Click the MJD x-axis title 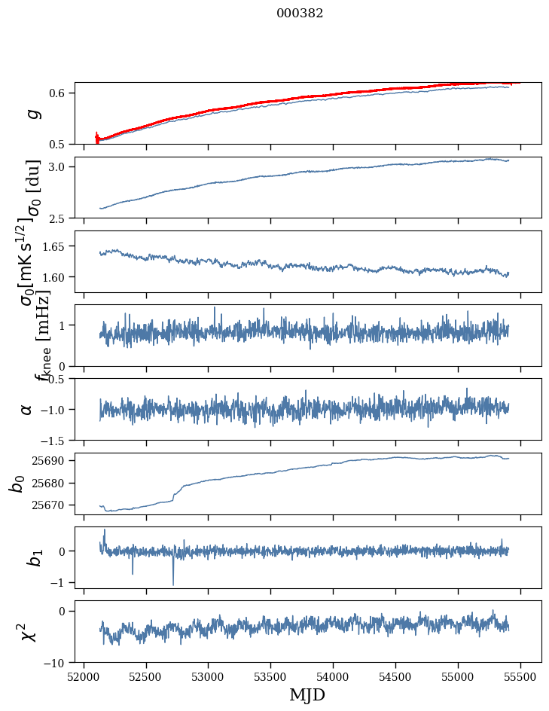coord(307,694)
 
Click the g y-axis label coord(32,114)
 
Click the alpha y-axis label coord(27,409)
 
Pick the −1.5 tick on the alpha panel coord(56,440)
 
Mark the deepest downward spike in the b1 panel coord(173,584)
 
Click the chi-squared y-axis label coord(29,631)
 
